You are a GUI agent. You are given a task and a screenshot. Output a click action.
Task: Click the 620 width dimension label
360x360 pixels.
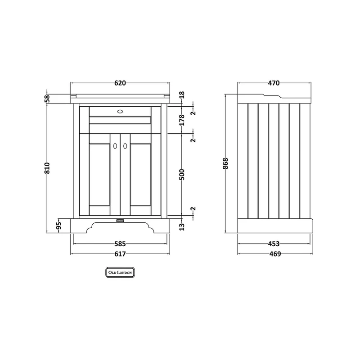tap(120, 83)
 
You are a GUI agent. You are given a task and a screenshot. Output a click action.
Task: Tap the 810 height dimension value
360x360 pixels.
tap(47, 168)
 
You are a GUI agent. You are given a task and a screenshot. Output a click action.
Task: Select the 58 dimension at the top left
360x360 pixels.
tap(47, 99)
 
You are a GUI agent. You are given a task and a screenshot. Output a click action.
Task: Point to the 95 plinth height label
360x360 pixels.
tap(59, 225)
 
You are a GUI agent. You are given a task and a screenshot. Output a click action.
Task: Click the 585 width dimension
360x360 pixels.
tap(120, 243)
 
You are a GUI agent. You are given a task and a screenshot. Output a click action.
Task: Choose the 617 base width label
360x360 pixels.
tap(120, 254)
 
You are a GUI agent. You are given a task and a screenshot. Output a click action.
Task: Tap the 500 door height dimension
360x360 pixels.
tap(182, 175)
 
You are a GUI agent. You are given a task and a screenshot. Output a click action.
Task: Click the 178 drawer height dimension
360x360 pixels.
tap(182, 120)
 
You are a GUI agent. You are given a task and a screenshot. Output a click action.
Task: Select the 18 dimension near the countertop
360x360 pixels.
tap(182, 95)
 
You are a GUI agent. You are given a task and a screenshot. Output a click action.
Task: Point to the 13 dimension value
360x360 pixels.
tap(182, 227)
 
